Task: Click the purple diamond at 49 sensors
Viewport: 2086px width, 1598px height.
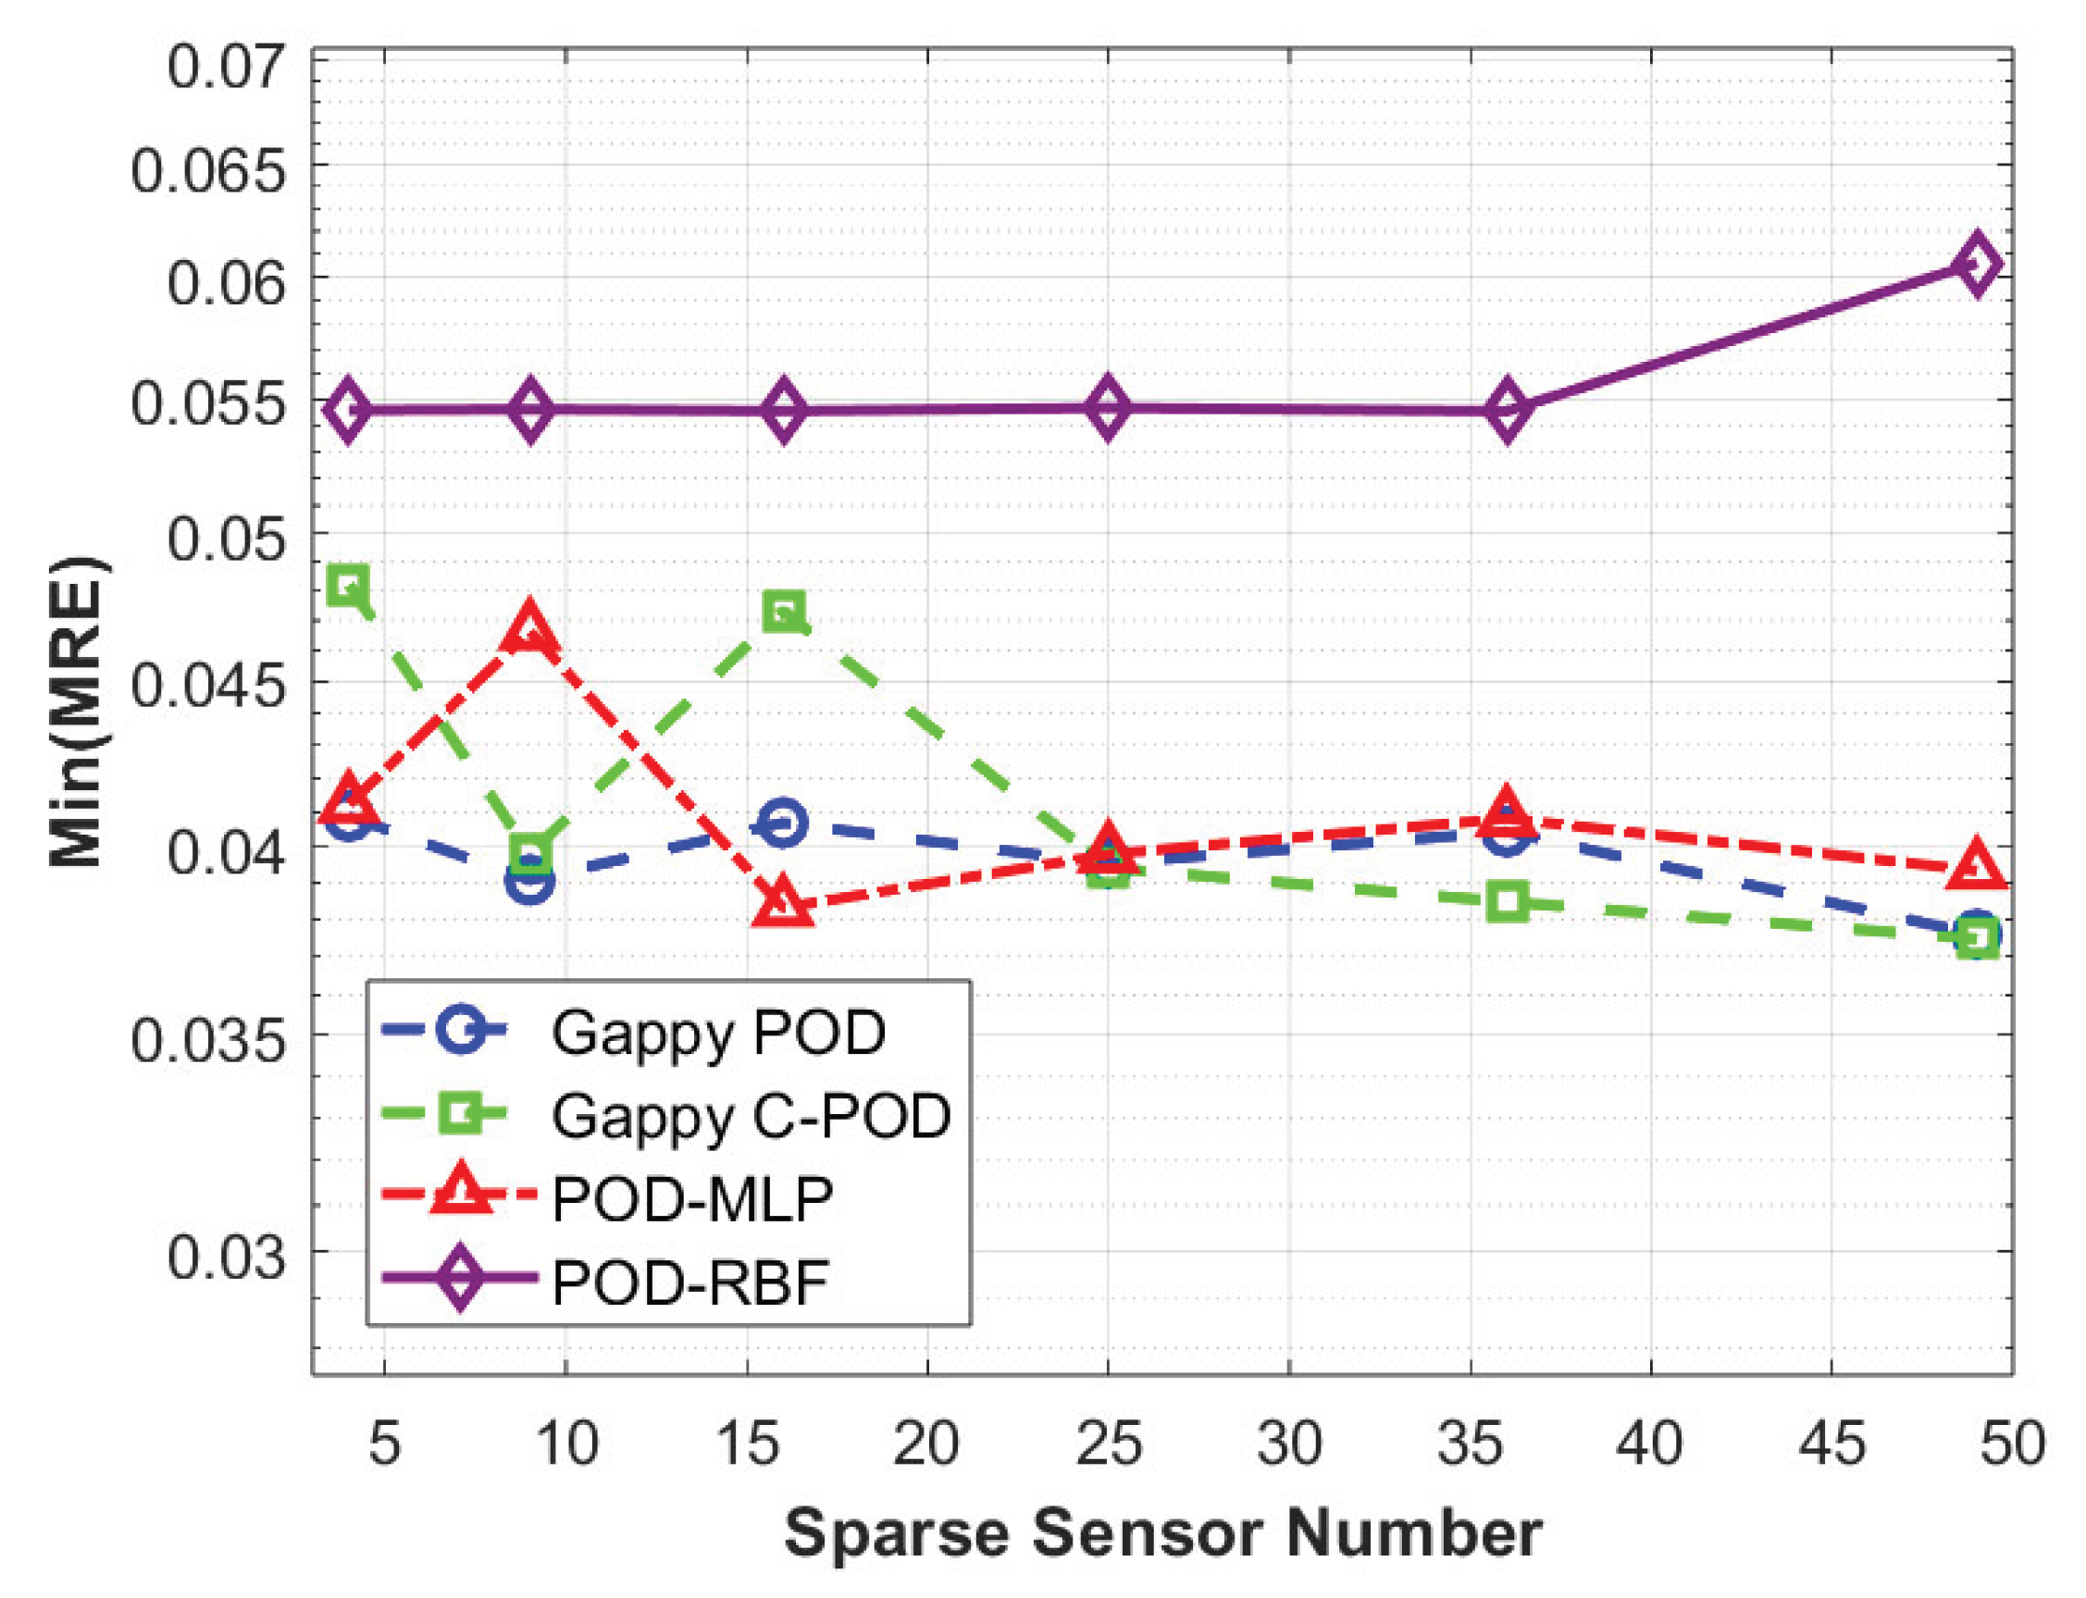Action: click(1977, 264)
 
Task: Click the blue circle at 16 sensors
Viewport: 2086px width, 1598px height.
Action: click(782, 823)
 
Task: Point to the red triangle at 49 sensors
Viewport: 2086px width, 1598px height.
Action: click(1977, 865)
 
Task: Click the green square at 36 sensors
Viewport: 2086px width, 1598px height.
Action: click(1507, 900)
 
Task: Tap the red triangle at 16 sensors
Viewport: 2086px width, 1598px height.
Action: click(782, 902)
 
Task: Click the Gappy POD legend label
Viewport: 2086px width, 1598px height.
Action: click(718, 1033)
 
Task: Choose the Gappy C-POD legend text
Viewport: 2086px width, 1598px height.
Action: click(751, 1116)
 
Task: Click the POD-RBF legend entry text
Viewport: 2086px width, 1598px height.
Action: click(689, 1283)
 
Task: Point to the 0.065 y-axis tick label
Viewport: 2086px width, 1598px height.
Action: click(207, 172)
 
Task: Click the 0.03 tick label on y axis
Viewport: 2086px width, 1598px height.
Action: click(226, 1257)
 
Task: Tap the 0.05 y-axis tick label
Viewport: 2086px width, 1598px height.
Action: click(226, 539)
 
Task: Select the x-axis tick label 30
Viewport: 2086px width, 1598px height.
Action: click(1289, 1443)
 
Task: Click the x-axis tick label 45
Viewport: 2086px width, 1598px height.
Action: click(1831, 1443)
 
